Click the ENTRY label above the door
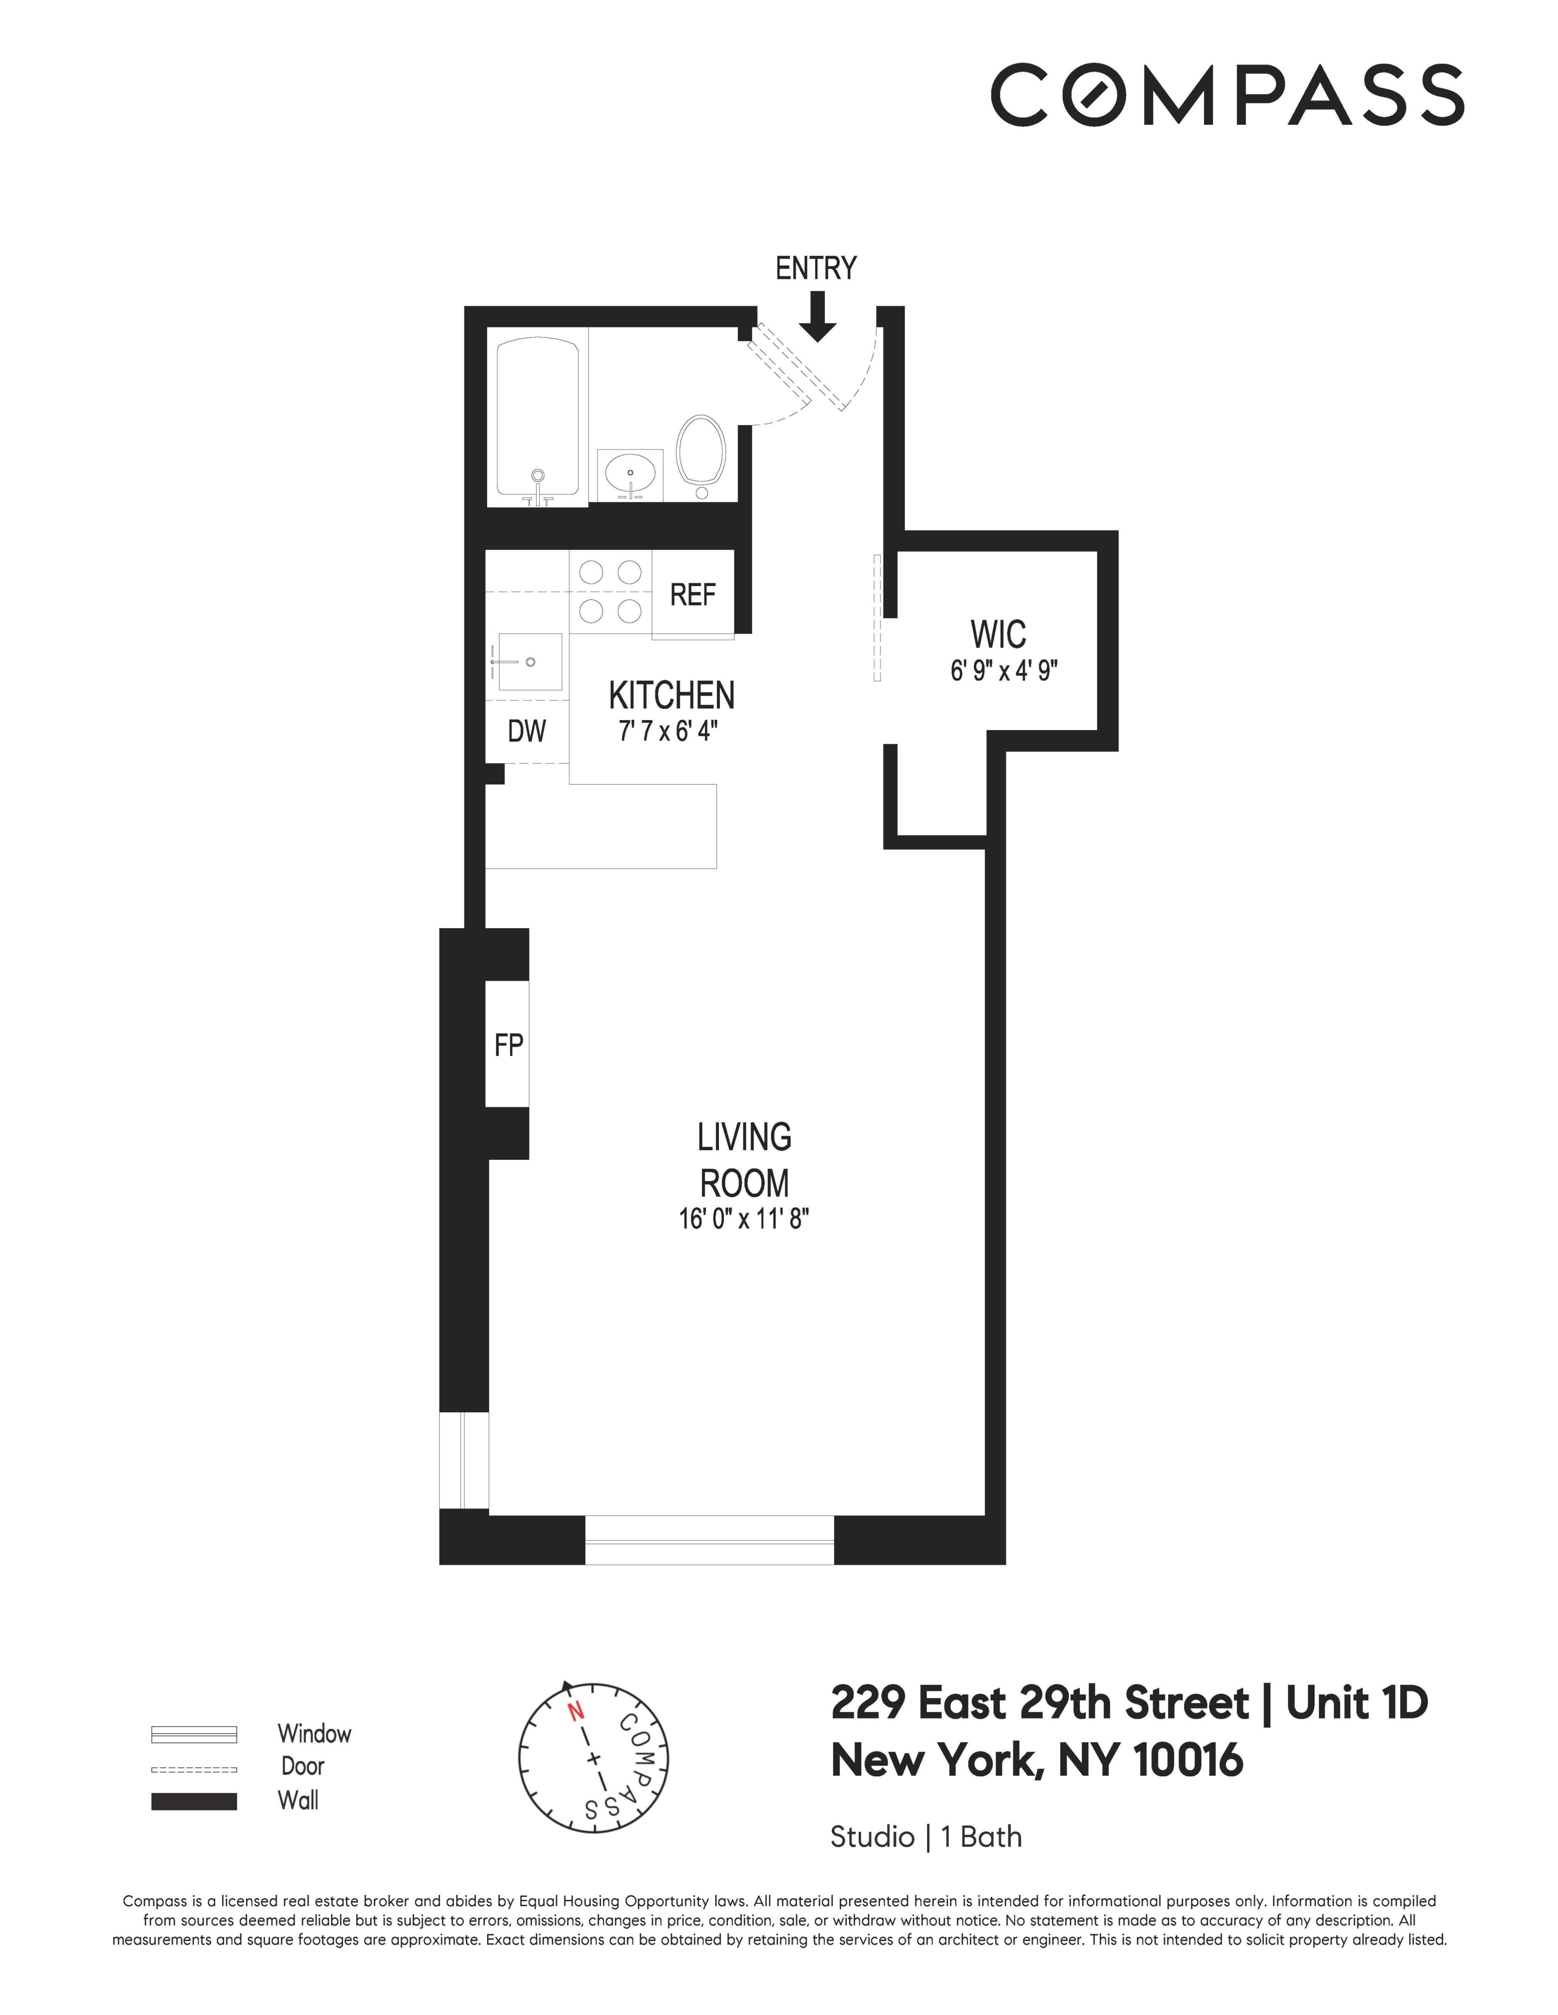(x=815, y=268)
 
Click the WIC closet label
(x=998, y=635)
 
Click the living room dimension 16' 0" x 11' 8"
(x=744, y=1219)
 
